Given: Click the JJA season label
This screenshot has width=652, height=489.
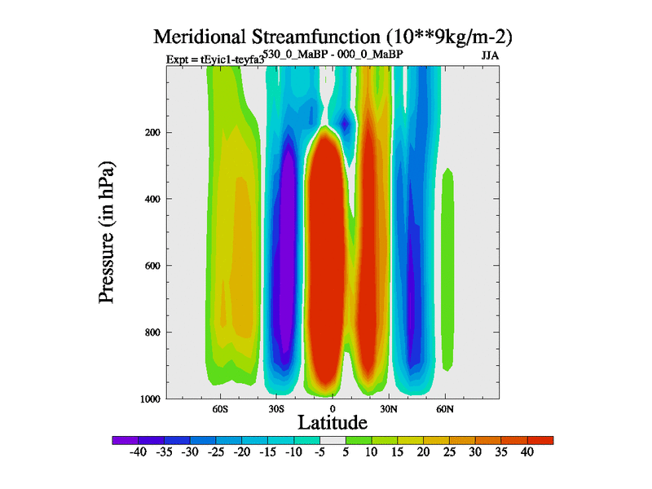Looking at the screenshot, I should click(x=490, y=56).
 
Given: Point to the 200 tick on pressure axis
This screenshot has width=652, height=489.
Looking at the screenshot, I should click(x=152, y=132).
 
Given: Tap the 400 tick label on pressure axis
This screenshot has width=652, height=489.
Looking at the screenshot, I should click(x=152, y=199).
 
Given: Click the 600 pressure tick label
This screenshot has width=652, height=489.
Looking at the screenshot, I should click(x=152, y=266).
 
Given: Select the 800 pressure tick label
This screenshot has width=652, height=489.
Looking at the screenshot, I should click(x=152, y=333).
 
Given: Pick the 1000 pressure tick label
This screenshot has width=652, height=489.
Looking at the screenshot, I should click(x=150, y=399).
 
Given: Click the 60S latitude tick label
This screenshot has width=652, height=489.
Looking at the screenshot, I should click(x=220, y=408).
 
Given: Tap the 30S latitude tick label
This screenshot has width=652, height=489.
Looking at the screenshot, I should click(x=275, y=408).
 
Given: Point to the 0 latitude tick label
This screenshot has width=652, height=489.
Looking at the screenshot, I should click(x=332, y=408).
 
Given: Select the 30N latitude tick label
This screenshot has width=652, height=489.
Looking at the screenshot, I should click(x=388, y=408).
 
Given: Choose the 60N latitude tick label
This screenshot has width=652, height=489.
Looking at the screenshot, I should click(x=444, y=408).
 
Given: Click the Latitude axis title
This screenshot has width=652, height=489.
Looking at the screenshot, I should click(x=333, y=422).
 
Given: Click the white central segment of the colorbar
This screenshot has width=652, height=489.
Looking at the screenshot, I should click(x=333, y=440).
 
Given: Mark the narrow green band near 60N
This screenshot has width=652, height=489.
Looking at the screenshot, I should click(x=447, y=269).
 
